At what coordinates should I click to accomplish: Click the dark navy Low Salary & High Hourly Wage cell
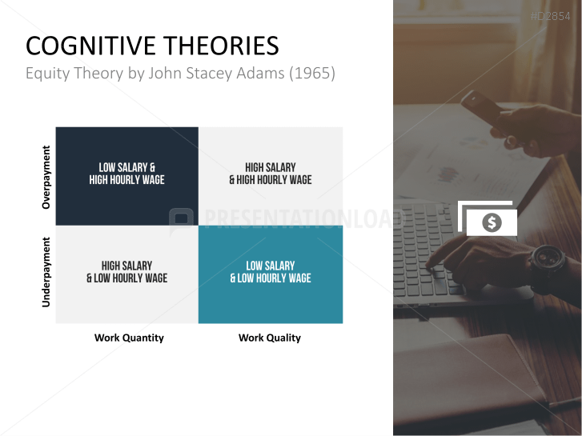click(x=126, y=174)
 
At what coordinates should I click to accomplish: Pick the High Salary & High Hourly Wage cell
click(x=271, y=174)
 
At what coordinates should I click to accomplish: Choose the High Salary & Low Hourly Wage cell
click(x=126, y=273)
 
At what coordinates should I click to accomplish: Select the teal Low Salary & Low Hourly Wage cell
click(x=271, y=273)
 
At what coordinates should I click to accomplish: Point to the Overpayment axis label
click(x=46, y=177)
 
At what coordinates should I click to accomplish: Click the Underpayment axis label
click(x=46, y=271)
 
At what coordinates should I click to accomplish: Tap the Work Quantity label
click(x=129, y=338)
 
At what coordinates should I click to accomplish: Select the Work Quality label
click(x=270, y=338)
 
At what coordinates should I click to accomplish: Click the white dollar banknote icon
click(x=490, y=221)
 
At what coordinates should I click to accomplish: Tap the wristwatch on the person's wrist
click(x=548, y=258)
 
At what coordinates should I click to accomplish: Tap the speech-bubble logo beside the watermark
click(x=183, y=219)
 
